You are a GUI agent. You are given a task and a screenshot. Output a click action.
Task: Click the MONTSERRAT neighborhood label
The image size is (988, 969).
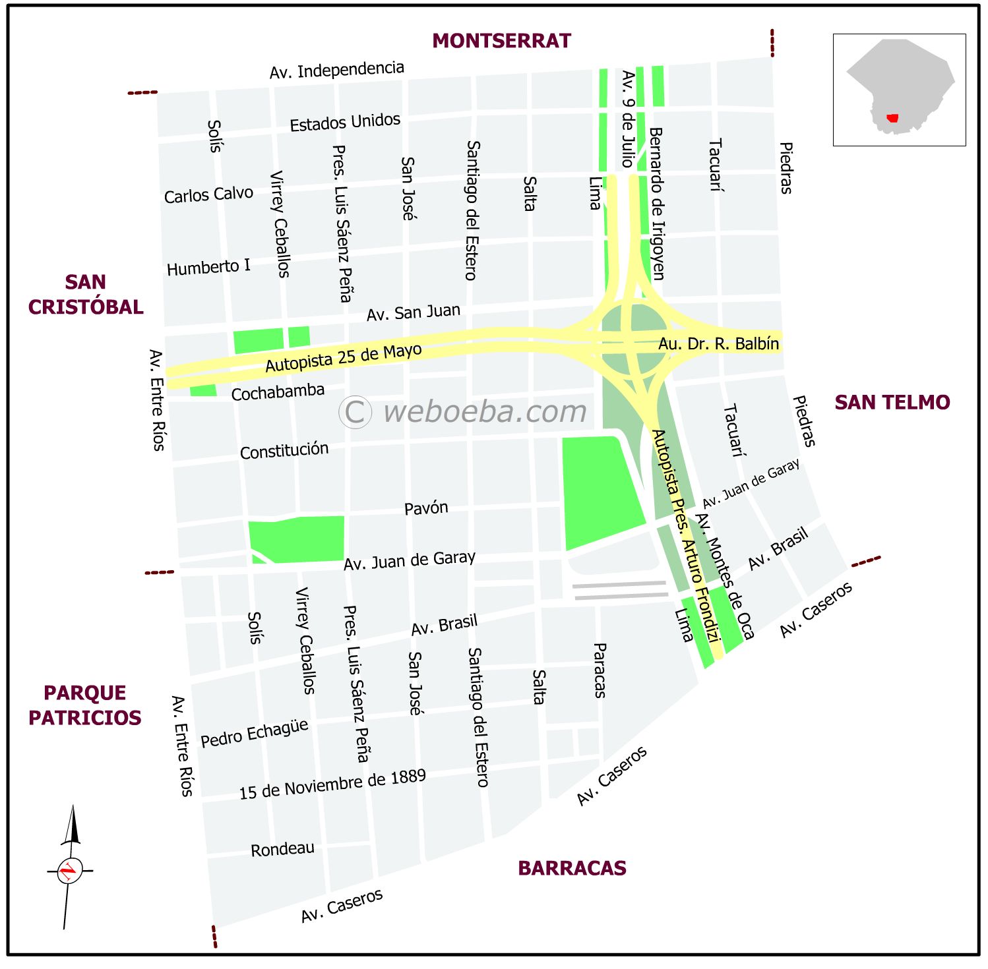coord(501,41)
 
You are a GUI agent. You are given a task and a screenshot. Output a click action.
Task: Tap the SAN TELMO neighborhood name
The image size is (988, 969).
coord(892,402)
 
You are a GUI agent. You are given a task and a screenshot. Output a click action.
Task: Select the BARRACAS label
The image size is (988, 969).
coord(572,868)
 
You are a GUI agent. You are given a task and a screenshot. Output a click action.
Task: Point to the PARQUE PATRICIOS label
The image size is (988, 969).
coord(84,705)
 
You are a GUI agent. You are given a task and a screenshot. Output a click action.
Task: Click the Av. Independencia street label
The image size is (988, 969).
coord(336,70)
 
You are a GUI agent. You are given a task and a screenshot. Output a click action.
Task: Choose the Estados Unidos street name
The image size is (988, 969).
coord(345,122)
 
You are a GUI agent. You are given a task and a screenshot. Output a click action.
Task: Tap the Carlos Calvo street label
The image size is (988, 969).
coord(208,195)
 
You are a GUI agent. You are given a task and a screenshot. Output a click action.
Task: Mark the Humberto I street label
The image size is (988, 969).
coord(208,267)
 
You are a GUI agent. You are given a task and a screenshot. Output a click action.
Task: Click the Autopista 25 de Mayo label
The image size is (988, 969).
coord(343,357)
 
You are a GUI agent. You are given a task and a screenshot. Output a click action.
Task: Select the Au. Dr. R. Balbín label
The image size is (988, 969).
coord(718,343)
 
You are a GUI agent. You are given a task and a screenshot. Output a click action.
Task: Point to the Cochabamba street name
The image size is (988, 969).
coord(278,392)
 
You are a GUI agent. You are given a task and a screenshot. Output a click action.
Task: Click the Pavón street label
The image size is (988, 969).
coord(426,508)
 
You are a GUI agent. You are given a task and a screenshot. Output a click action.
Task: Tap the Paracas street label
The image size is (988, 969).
coord(599,670)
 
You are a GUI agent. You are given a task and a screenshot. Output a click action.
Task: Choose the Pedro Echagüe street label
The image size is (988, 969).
coord(254,733)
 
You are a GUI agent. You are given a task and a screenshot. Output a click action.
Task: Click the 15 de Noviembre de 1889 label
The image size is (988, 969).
coord(332,784)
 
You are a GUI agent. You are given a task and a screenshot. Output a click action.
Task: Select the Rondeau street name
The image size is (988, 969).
coord(282,849)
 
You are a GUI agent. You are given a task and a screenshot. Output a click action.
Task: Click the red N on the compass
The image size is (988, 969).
coord(68,871)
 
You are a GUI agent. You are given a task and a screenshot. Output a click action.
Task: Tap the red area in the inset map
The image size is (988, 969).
coord(892,118)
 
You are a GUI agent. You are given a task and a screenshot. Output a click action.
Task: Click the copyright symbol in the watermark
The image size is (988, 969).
coord(355,412)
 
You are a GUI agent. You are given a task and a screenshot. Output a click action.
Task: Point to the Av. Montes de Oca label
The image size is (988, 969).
coord(724,577)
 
